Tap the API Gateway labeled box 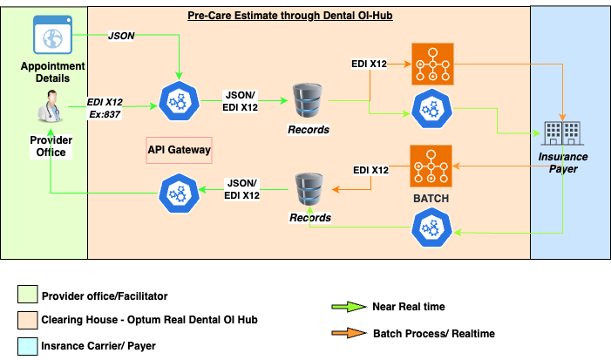[179, 150]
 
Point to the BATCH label [431, 199]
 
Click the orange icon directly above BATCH [431, 165]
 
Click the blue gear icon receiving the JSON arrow [179, 105]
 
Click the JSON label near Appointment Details [120, 36]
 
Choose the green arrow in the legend [348, 307]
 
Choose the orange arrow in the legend [348, 332]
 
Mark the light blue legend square [28, 345]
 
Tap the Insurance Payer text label [562, 162]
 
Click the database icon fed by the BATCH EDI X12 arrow [309, 187]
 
